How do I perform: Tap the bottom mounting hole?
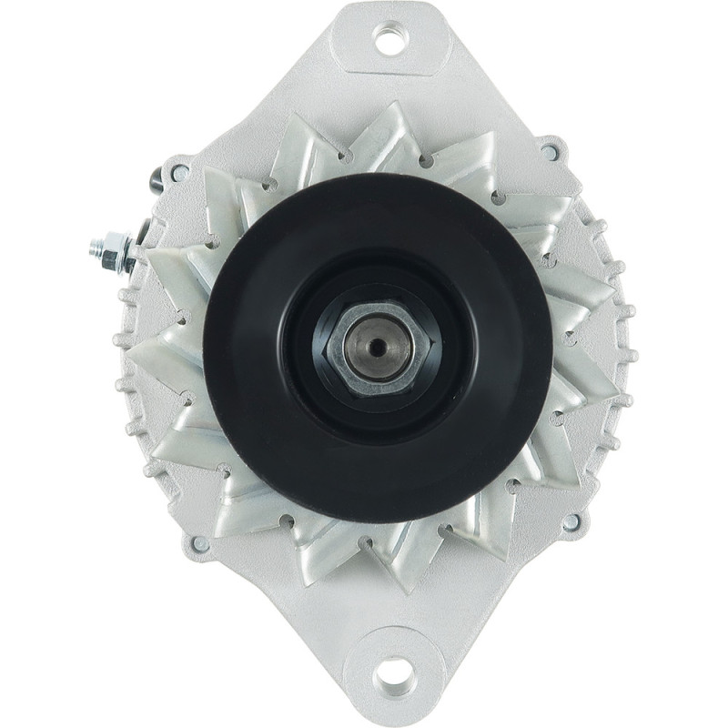[395, 677]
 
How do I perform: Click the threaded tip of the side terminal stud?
[96, 246]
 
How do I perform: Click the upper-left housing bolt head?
[179, 170]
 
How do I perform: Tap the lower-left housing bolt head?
[197, 543]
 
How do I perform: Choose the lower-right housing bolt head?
[571, 523]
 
